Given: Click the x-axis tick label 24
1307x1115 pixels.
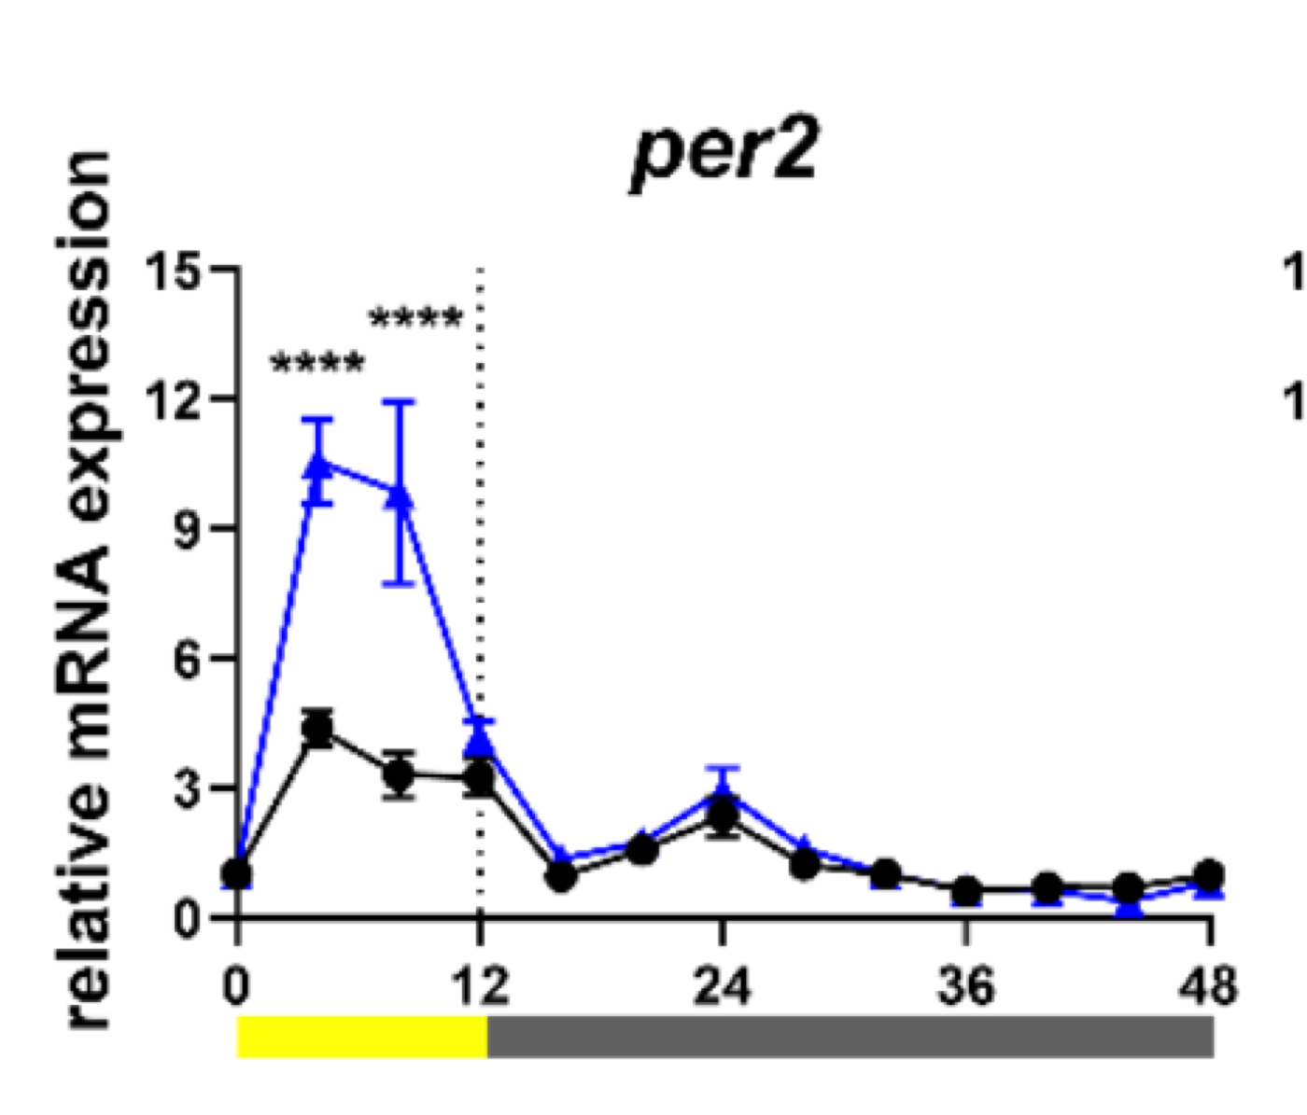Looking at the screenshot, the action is [722, 986].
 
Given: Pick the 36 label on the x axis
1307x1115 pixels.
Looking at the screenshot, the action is [965, 986].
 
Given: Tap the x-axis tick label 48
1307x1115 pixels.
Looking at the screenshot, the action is [1208, 986].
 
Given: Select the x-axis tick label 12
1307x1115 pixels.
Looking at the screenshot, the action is [480, 986].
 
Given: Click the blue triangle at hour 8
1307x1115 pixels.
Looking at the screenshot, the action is [400, 494].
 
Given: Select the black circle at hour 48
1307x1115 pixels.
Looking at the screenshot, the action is [1209, 875].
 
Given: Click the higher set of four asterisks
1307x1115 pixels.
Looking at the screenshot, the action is [416, 318].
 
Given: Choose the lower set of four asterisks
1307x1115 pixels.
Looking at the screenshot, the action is [318, 364].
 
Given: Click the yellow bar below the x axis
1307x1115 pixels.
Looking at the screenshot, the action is [362, 1037].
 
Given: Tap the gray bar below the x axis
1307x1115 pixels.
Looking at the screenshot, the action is [850, 1037].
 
